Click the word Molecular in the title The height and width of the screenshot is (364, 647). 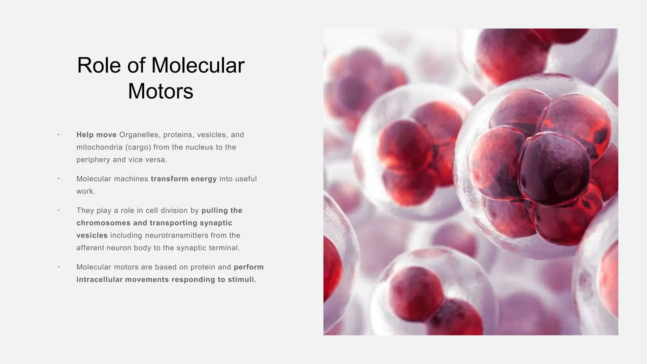coord(198,65)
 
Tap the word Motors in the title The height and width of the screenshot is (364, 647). coord(160,91)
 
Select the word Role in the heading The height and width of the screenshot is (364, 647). coord(99,65)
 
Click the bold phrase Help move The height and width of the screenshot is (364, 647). coord(96,135)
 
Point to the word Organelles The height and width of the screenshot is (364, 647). coord(139,135)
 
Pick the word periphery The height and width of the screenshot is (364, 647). coord(93,160)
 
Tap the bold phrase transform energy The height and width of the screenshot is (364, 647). coord(184,179)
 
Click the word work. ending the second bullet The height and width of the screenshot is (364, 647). coord(86,191)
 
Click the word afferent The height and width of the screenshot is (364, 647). coord(90,248)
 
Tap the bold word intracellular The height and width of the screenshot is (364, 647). coord(100,280)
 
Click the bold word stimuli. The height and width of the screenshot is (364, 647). coord(242,280)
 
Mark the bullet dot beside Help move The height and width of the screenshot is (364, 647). coord(58,135)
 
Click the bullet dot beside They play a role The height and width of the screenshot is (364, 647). coord(58,210)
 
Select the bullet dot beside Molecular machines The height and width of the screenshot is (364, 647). coord(58,179)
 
